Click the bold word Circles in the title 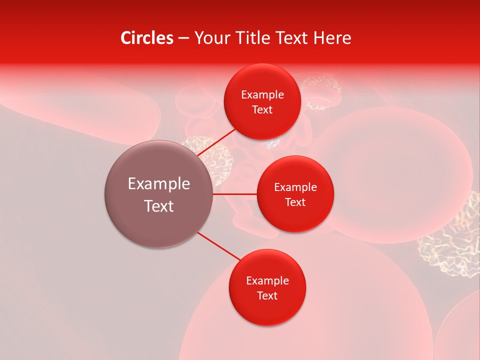[x=146, y=38]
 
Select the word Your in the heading [x=212, y=38]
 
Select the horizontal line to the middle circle [x=234, y=194]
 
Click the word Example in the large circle [x=159, y=184]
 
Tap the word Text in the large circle [x=159, y=206]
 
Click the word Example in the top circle [x=262, y=95]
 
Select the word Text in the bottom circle [x=267, y=295]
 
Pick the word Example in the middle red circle [x=295, y=187]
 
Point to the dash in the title [x=183, y=38]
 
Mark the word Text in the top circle [x=262, y=109]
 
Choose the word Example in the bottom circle [x=267, y=280]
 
